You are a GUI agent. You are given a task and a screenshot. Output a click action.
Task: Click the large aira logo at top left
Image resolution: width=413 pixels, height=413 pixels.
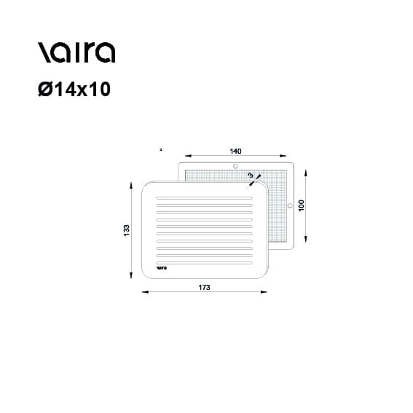coord(76,52)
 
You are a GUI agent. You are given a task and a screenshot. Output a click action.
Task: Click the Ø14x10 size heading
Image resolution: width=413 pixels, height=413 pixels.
coord(74,89)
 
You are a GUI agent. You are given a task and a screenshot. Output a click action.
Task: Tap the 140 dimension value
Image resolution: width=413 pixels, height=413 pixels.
coord(235,152)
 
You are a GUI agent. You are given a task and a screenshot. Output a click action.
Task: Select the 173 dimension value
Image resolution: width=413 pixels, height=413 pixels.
coord(205,288)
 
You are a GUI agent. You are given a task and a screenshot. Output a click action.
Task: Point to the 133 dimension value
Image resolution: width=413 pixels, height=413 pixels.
coord(127,230)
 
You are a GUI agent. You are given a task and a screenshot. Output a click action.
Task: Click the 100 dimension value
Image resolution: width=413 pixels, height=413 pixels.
coord(302,205)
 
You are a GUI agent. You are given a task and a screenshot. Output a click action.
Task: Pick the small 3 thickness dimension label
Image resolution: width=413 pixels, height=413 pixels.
coord(251,175)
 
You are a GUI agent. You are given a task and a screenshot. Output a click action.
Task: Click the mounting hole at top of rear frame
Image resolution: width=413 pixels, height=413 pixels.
coord(236,166)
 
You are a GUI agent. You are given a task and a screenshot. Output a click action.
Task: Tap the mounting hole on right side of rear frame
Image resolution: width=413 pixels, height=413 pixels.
coord(290,205)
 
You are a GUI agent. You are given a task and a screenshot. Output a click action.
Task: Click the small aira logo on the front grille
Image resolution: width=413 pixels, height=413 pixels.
coord(162,268)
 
